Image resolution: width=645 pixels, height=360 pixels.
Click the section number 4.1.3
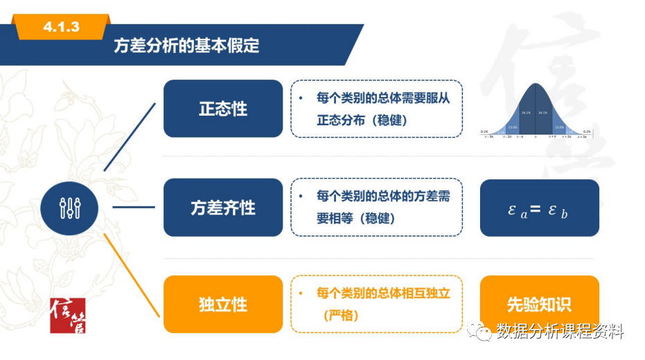(61, 27)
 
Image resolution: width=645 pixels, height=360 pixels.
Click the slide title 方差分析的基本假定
(186, 46)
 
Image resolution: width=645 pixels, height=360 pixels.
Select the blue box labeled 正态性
(223, 109)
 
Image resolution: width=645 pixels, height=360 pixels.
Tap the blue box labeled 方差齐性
(223, 207)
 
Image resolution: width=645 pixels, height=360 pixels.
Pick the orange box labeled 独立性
(223, 305)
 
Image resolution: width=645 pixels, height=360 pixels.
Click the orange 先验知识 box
(539, 305)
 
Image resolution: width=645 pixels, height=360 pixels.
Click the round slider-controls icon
(69, 207)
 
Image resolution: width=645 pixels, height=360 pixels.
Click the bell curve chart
(538, 111)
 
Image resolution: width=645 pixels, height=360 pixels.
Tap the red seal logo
(67, 315)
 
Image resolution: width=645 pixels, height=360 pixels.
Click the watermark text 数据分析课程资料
(560, 332)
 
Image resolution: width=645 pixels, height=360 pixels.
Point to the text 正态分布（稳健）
(362, 120)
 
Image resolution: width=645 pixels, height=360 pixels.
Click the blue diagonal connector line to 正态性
(130, 136)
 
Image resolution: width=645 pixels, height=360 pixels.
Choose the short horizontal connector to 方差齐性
(133, 207)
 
